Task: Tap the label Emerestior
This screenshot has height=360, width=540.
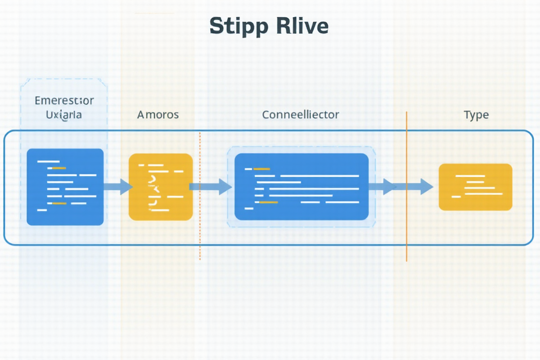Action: (64, 100)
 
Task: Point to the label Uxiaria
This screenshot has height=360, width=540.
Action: (64, 114)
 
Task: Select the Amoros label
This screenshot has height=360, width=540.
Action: (158, 114)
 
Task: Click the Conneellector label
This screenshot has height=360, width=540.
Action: (300, 114)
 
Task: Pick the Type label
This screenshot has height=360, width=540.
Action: (476, 114)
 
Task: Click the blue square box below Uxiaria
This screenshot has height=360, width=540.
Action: (65, 187)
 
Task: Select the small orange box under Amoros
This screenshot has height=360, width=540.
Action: (161, 187)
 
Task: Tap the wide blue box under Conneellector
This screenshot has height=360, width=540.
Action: (301, 187)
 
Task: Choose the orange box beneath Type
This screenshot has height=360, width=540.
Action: (475, 187)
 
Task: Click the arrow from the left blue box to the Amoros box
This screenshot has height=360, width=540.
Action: (118, 186)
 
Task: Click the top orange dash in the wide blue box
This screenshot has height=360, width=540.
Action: (261, 169)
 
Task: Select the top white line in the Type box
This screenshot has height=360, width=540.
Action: (470, 176)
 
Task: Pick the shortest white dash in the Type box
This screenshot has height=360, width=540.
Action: (456, 197)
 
